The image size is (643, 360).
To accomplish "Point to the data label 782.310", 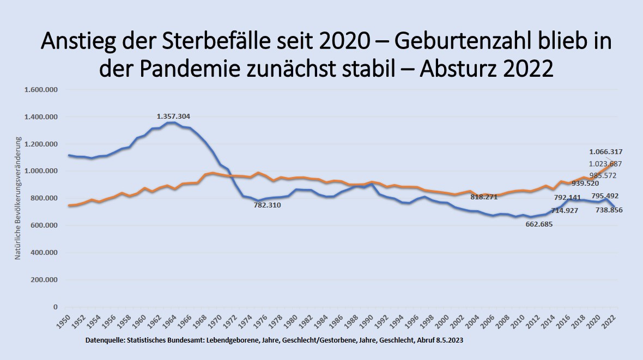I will [x=271, y=205].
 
